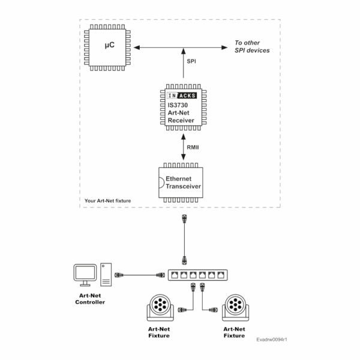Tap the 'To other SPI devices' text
251,47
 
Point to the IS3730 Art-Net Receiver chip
182,107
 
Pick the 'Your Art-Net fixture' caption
108,200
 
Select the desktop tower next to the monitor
106,275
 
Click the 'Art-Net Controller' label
89,299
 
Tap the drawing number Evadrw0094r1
271,340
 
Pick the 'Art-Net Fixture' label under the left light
159,332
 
